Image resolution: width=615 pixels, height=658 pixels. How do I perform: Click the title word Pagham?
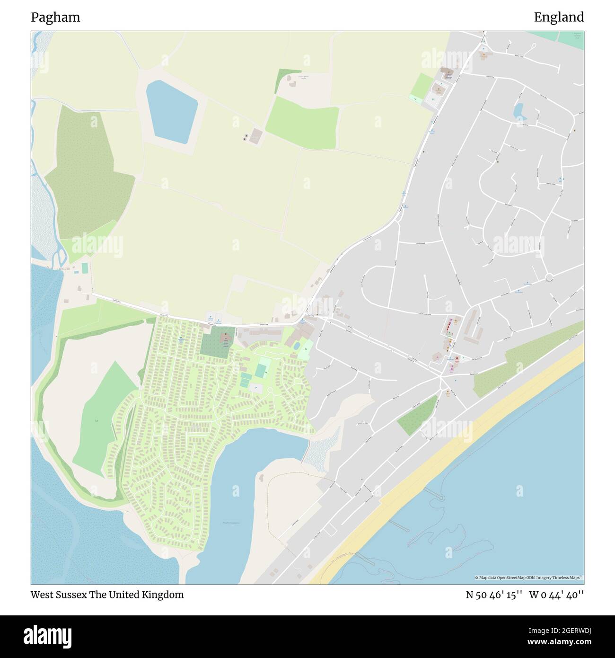(55, 18)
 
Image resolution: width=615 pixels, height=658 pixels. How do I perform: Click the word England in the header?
(559, 18)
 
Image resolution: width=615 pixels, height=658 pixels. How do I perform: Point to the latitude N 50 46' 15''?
(494, 595)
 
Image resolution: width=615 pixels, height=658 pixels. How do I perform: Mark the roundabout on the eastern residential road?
(549, 277)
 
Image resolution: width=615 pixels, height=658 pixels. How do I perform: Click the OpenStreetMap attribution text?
(529, 578)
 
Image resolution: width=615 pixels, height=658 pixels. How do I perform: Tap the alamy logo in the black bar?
(47, 634)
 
